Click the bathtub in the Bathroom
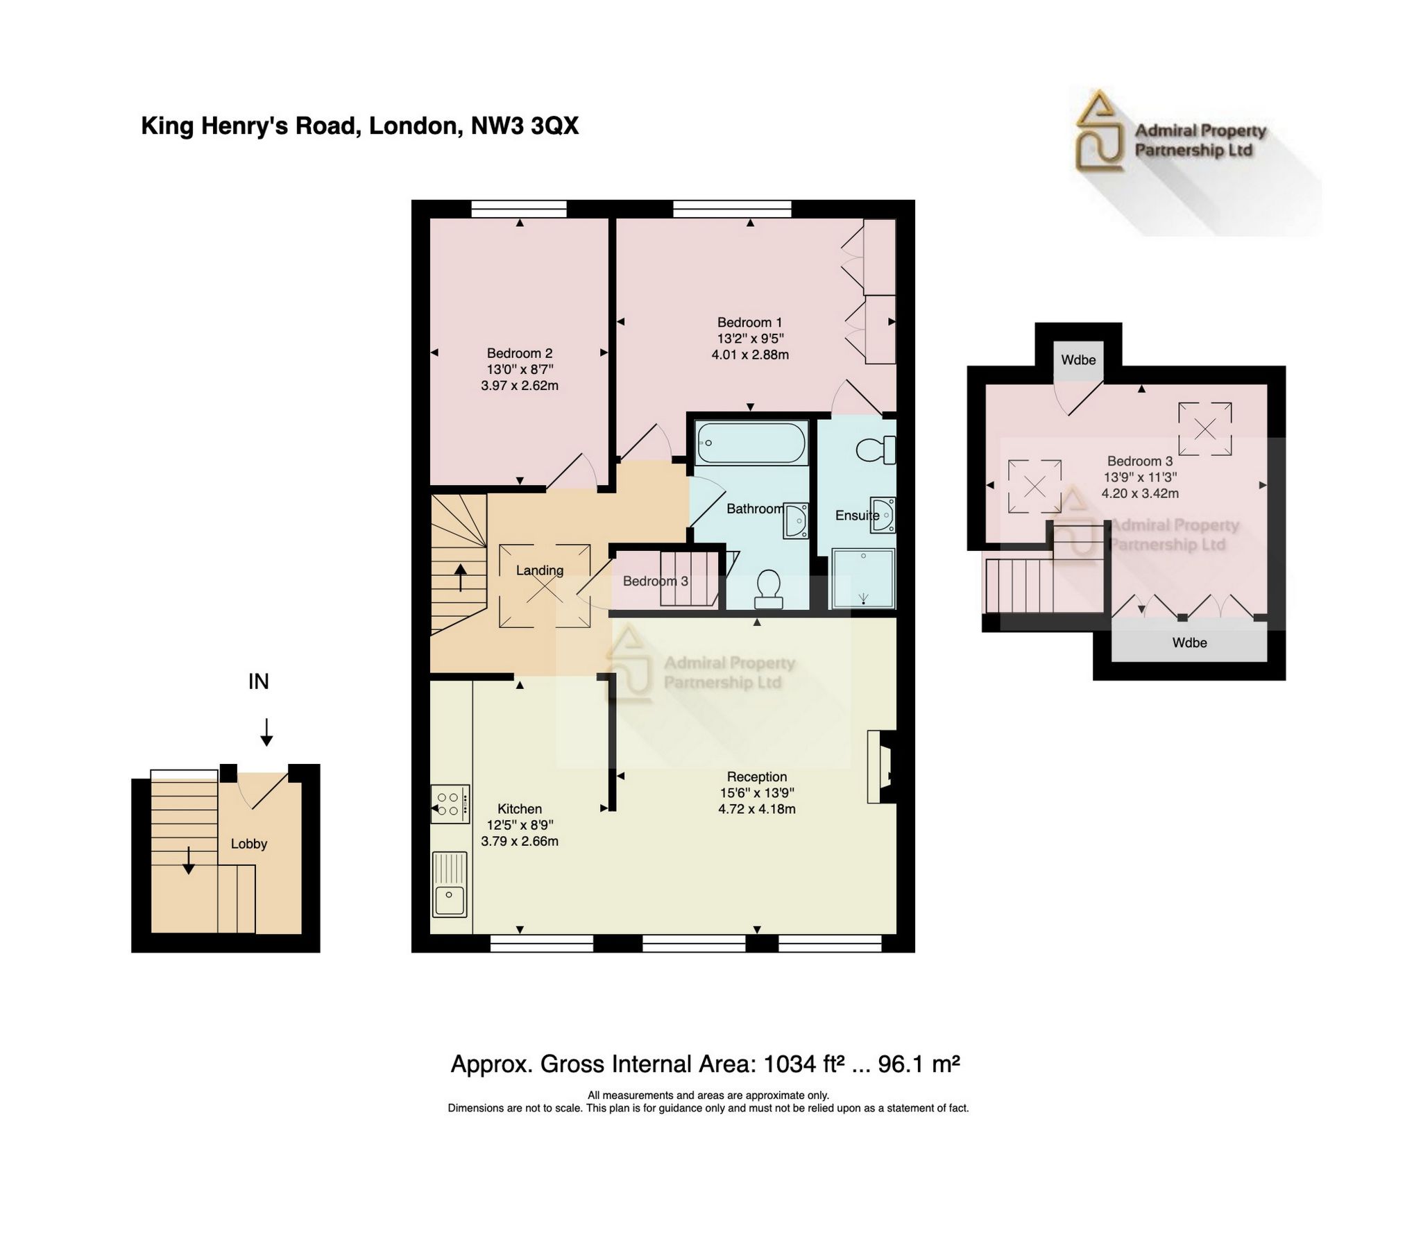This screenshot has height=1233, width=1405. click(x=751, y=443)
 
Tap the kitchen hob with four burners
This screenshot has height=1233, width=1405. click(x=450, y=803)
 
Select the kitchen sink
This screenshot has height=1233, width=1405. click(x=450, y=884)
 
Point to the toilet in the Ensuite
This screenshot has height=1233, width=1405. click(x=876, y=450)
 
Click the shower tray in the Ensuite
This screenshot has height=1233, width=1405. click(x=863, y=579)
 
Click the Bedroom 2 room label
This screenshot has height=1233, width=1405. click(x=519, y=353)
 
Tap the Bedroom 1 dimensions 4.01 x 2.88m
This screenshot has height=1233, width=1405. click(x=749, y=355)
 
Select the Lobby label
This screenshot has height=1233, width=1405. click(x=248, y=844)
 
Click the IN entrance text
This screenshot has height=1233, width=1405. click(x=258, y=681)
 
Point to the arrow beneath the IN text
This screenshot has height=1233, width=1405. click(x=266, y=732)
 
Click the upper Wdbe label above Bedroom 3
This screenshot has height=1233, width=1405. click(x=1078, y=359)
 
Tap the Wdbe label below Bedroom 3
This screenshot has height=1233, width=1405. click(x=1189, y=643)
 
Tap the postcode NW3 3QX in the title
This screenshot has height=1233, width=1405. click(x=525, y=126)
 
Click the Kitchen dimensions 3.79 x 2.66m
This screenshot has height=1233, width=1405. click(x=519, y=841)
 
